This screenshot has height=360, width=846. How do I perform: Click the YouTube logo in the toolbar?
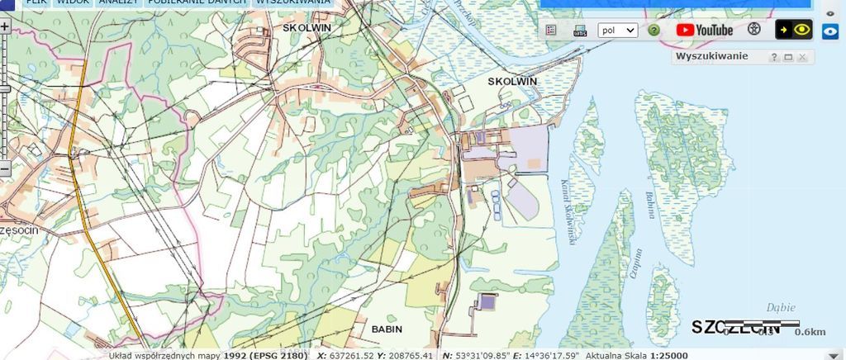coord(704,30)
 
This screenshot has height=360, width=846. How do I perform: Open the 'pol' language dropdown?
coord(617,30)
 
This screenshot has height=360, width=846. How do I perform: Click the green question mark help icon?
coord(654,30)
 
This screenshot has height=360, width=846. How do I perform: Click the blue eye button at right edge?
coord(830,32)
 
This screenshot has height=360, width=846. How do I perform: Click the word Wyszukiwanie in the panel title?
coord(711,56)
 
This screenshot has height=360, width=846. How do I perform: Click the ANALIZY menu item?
coord(118,2)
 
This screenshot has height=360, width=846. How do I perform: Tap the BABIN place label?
coord(387,329)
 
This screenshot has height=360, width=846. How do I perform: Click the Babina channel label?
coord(650,204)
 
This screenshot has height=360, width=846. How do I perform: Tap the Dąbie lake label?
coord(780,306)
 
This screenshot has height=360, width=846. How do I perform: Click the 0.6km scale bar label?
coord(810,333)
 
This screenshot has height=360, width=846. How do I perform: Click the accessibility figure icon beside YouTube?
coord(753,30)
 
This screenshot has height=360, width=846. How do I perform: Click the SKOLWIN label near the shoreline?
coord(512,81)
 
